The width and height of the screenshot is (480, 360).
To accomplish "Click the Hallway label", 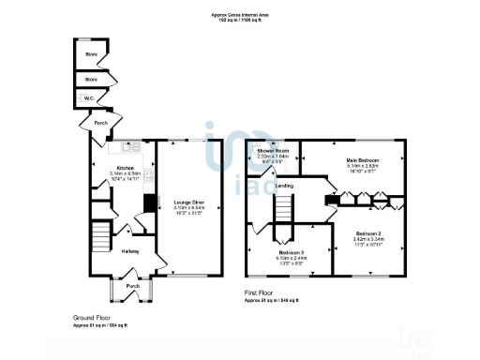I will (130, 250).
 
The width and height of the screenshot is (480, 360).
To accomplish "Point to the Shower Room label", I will (273, 150).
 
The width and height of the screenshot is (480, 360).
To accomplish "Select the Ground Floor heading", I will (92, 317).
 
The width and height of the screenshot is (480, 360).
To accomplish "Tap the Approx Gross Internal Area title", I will (239, 12).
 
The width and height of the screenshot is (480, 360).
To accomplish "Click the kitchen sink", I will (132, 147).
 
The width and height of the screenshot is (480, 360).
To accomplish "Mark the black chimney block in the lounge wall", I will (148, 202).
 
